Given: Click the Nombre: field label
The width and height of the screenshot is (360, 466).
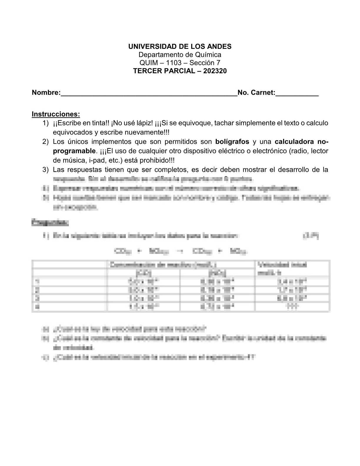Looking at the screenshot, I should [x=46, y=93].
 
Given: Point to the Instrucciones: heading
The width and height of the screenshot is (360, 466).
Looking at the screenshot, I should [x=56, y=114].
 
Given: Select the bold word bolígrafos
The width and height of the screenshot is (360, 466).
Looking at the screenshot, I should [x=232, y=142].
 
